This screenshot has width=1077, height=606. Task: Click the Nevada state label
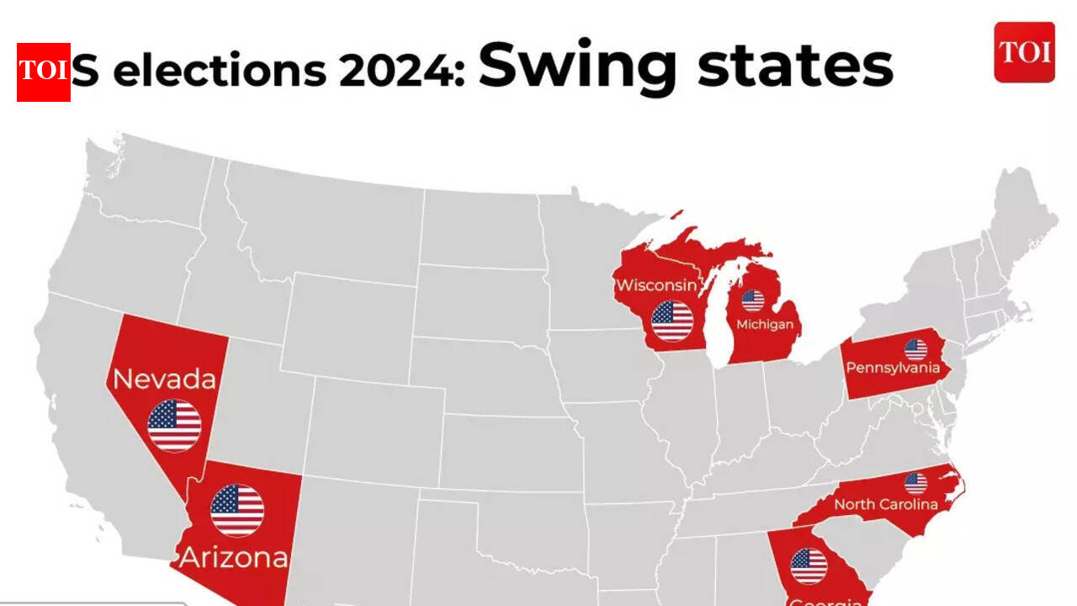tap(165, 380)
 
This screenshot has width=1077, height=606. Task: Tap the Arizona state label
tap(234, 557)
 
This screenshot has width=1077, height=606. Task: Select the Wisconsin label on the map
tap(656, 284)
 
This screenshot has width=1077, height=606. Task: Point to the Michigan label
tap(765, 325)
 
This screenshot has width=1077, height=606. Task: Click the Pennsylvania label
tap(893, 368)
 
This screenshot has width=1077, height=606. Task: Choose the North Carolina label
tap(885, 505)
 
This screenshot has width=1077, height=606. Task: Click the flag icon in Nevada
tap(174, 425)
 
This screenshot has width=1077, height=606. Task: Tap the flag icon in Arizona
tap(237, 510)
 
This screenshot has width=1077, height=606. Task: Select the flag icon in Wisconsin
tap(672, 321)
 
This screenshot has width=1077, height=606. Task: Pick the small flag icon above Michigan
tap(753, 300)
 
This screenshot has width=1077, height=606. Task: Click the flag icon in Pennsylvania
tap(915, 348)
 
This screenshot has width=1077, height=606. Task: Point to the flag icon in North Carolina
tap(915, 483)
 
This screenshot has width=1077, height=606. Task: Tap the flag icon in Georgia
tap(809, 566)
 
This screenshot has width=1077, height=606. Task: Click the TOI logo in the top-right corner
tap(1024, 52)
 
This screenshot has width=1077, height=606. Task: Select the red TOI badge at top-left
tap(44, 72)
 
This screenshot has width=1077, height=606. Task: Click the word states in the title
tap(795, 67)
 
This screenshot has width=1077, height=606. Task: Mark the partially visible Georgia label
tap(825, 601)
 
